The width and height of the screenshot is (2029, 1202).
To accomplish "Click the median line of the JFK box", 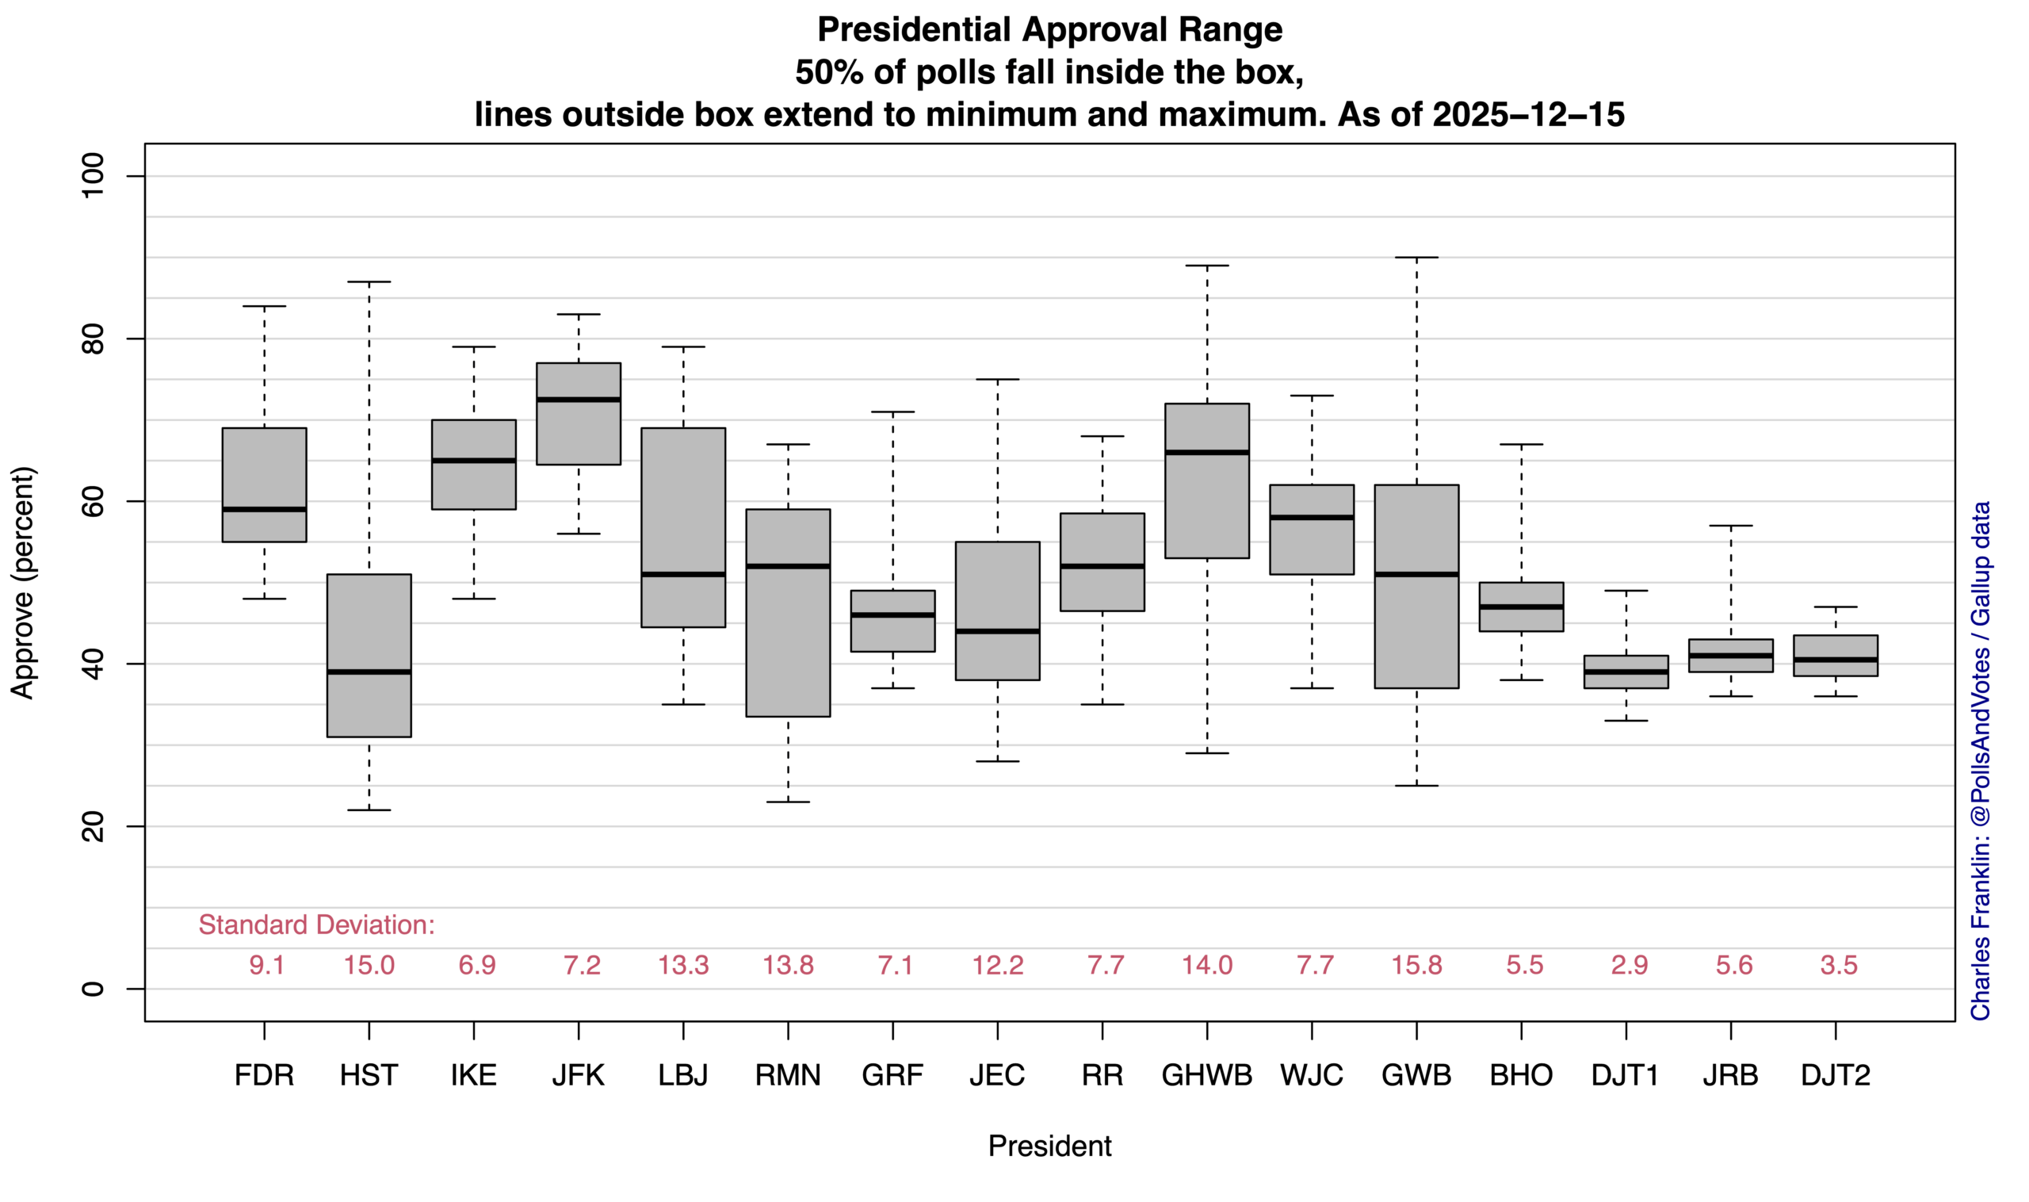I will [x=578, y=400].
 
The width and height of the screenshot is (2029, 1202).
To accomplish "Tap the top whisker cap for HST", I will [x=369, y=282].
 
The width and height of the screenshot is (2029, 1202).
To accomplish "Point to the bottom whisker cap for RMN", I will [x=788, y=802].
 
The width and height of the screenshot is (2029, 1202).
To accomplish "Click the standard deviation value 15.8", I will [x=1416, y=966].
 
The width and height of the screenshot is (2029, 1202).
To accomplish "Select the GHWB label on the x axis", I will [x=1206, y=1076].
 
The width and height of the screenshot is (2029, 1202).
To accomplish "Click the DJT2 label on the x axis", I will [x=1836, y=1076].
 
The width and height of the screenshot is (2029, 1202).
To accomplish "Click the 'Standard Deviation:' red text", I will [x=316, y=925].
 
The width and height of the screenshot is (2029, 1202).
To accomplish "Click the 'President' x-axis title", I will [x=1049, y=1146].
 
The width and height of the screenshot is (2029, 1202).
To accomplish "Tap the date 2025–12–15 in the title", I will [x=1528, y=114].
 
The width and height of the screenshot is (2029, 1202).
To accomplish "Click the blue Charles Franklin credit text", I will [x=1981, y=760].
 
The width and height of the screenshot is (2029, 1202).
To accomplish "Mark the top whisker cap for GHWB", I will [x=1207, y=266].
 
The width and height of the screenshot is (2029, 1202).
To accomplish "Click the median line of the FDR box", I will [x=264, y=510].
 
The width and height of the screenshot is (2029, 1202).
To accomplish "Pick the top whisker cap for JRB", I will [x=1731, y=526].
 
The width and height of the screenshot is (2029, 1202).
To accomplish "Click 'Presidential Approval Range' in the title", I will [x=1049, y=30].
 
